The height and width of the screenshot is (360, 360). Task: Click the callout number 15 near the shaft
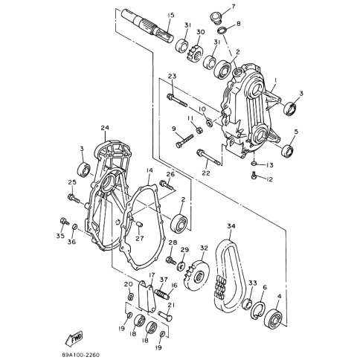[170, 16]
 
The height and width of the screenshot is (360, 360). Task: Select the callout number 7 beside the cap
[232, 7]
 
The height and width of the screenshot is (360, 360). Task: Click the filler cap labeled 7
[216, 16]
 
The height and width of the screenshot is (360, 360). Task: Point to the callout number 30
[200, 31]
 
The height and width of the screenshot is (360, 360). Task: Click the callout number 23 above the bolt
[172, 77]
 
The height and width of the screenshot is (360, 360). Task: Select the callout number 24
[105, 128]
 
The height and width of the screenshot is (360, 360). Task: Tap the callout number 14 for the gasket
[149, 170]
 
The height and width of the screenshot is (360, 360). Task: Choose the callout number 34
[231, 226]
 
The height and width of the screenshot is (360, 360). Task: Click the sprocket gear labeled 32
[199, 275]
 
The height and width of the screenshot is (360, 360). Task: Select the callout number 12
[269, 179]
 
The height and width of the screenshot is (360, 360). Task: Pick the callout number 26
[170, 175]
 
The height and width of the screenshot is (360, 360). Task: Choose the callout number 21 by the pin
[170, 305]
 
